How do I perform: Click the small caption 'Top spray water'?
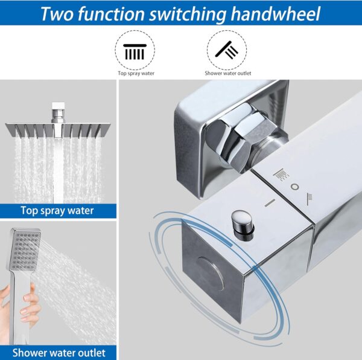pos(135,74)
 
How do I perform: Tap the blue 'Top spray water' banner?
pos(58,211)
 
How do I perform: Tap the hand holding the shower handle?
pos(24,302)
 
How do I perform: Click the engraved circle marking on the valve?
pos(294,187)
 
